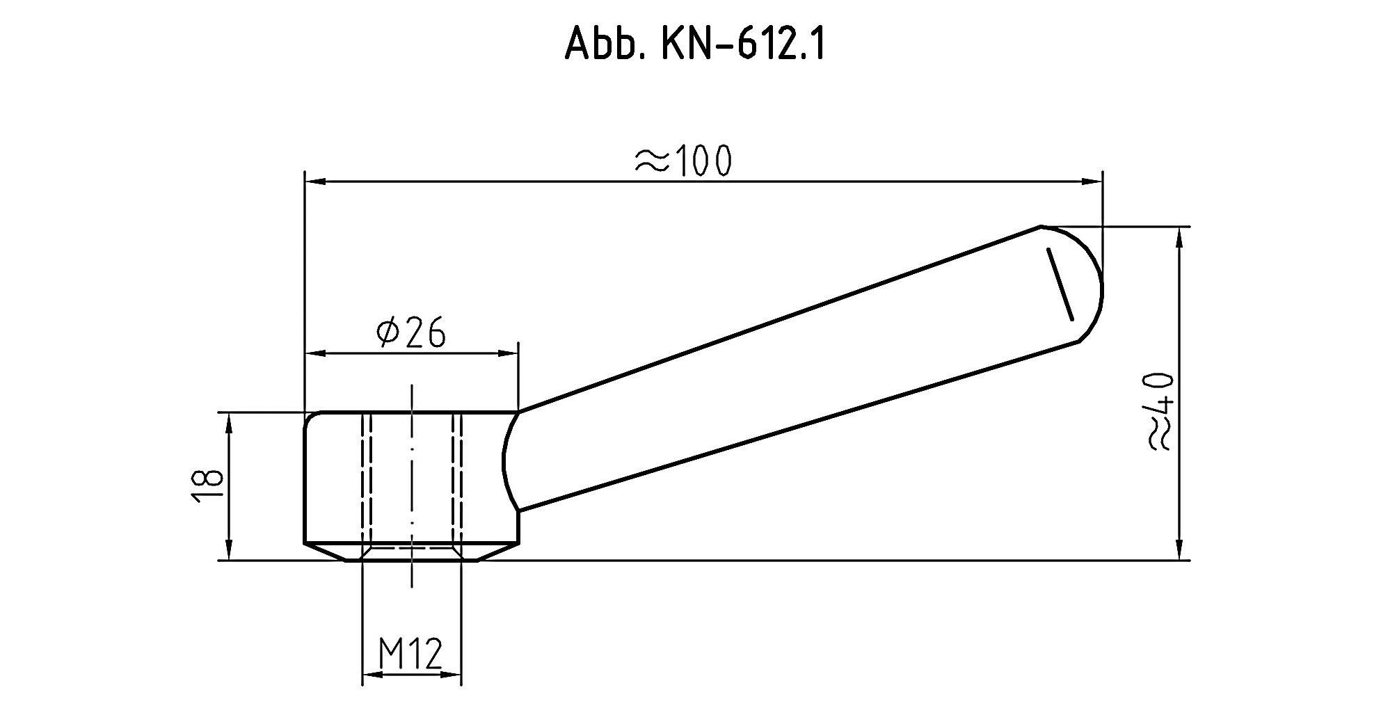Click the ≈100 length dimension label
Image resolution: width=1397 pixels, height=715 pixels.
click(682, 161)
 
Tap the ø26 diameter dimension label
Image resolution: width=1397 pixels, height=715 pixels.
click(410, 333)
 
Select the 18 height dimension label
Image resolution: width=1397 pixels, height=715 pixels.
click(207, 485)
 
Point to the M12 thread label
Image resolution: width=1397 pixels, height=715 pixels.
click(410, 654)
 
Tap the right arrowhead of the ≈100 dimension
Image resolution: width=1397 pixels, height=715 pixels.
click(1092, 182)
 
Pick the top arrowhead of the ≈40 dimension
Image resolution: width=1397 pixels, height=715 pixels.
click(1179, 236)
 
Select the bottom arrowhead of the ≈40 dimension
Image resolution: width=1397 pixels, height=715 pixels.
click(1179, 550)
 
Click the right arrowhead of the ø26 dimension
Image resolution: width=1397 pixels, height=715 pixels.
click(509, 353)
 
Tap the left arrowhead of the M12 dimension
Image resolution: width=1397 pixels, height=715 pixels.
click(373, 673)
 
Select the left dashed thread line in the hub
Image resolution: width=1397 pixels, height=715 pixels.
click(367, 480)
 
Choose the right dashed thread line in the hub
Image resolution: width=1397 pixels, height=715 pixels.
click(457, 480)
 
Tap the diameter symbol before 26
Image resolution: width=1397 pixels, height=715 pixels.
click(387, 334)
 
